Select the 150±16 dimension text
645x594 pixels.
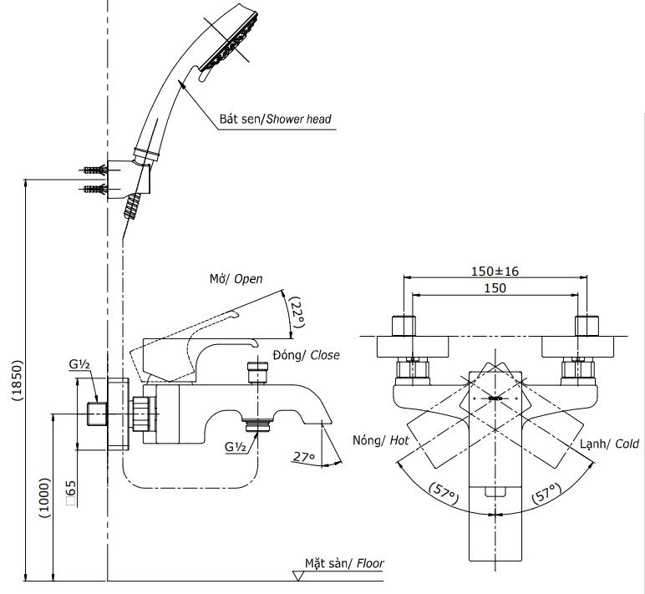tap(495, 271)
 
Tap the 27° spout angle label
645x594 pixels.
tap(303, 456)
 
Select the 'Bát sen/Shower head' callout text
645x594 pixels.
tap(275, 119)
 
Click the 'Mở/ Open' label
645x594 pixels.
tap(236, 279)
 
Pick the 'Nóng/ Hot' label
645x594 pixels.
tap(379, 439)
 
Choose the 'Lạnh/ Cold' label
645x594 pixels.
tap(610, 445)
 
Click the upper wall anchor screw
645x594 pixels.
tap(96, 170)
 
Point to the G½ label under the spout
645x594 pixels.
tap(235, 446)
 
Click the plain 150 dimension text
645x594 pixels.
tap(495, 287)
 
